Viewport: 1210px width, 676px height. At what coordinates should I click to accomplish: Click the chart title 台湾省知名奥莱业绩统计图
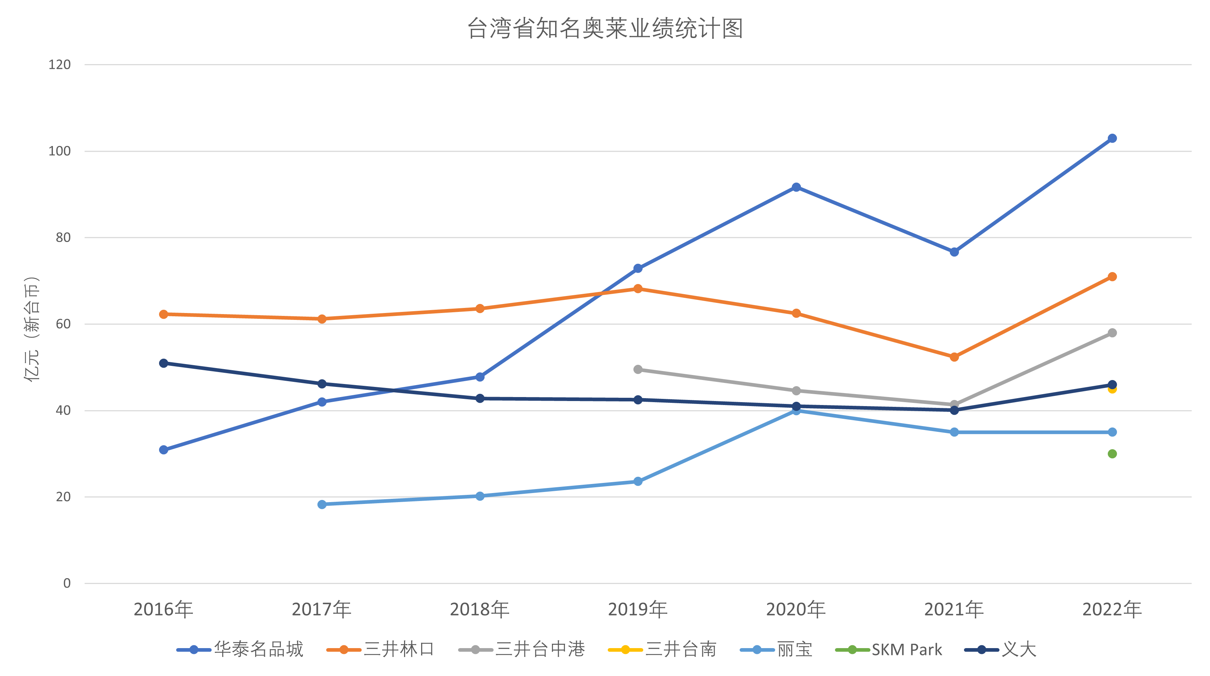(605, 29)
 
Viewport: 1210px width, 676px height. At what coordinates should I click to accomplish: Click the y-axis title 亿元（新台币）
(32, 329)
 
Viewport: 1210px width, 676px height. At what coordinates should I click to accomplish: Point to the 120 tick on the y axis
(60, 65)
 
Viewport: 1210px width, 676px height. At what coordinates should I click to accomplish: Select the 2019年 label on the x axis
(638, 609)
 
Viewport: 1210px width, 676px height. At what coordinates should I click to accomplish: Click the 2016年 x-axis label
(163, 609)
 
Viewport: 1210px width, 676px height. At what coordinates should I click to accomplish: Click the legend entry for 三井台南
(662, 650)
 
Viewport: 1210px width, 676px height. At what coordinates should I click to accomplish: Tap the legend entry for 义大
(1001, 650)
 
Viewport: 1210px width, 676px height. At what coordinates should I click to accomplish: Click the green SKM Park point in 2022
(1112, 454)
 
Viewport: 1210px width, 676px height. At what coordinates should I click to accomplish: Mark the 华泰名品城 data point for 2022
(1112, 138)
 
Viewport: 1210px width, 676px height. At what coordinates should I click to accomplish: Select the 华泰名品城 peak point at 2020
(796, 187)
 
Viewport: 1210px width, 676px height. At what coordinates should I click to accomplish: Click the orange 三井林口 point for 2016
(163, 314)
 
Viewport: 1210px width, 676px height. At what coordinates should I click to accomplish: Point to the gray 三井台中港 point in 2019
(638, 370)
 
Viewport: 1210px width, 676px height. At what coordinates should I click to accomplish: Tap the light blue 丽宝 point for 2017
(322, 505)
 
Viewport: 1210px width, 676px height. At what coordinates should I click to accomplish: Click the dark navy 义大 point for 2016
(163, 363)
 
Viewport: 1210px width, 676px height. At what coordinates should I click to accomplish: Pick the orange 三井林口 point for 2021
(954, 357)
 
